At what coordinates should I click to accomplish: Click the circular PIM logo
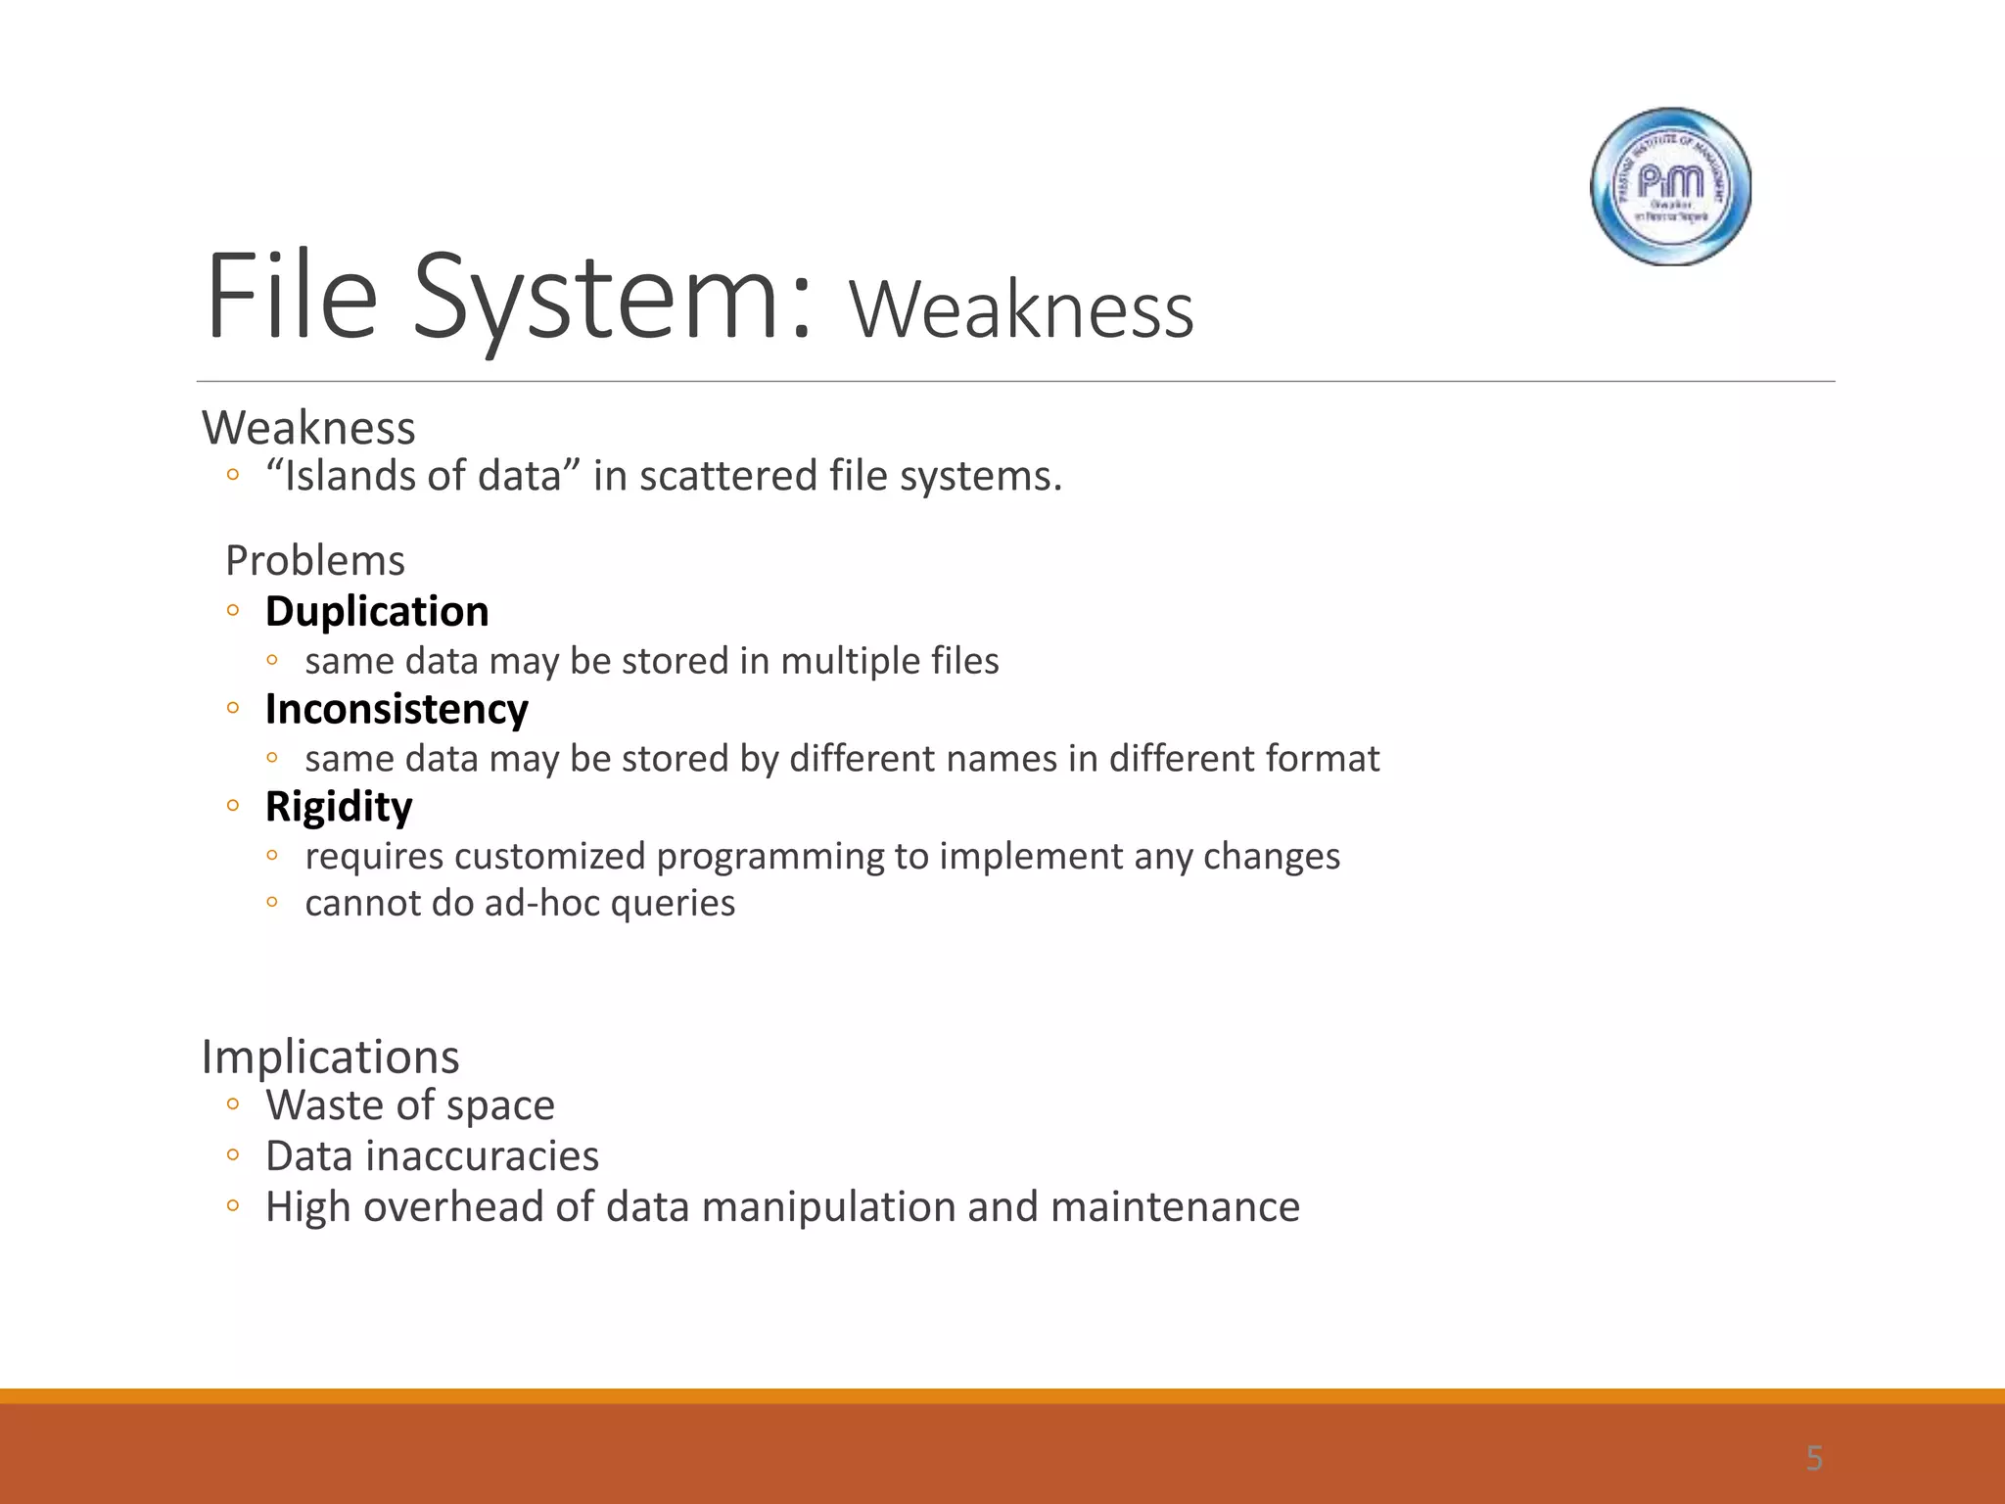coord(1670,186)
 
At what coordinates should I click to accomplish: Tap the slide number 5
coord(1814,1459)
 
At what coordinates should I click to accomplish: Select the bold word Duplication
coord(377,612)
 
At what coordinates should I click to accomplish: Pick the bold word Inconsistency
coord(396,710)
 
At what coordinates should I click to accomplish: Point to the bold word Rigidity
coord(339,808)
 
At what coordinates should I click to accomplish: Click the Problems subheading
coord(314,561)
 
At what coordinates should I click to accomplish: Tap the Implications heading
coord(330,1057)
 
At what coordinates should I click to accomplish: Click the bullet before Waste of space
coord(232,1105)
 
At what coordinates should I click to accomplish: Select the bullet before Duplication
coord(232,611)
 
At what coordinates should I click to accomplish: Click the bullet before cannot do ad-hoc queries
coord(272,902)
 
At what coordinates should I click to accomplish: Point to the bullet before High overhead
coord(232,1206)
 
